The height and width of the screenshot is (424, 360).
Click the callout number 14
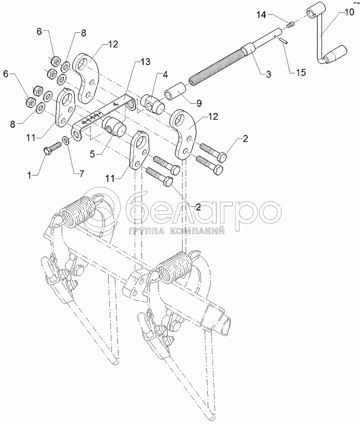coord(261,15)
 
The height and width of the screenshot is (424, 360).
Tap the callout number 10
coord(349,12)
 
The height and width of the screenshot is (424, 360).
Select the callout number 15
coord(301,72)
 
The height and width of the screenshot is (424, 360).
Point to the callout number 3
coord(268,74)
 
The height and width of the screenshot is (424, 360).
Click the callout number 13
coord(145,62)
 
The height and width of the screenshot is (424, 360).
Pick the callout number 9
coord(199,103)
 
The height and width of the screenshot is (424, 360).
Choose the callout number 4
coord(165,74)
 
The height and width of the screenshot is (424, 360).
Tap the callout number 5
coord(92,155)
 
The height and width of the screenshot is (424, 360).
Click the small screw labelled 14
coord(291,25)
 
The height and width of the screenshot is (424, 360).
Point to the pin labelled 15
coord(284,40)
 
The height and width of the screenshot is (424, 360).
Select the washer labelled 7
coord(66,140)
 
